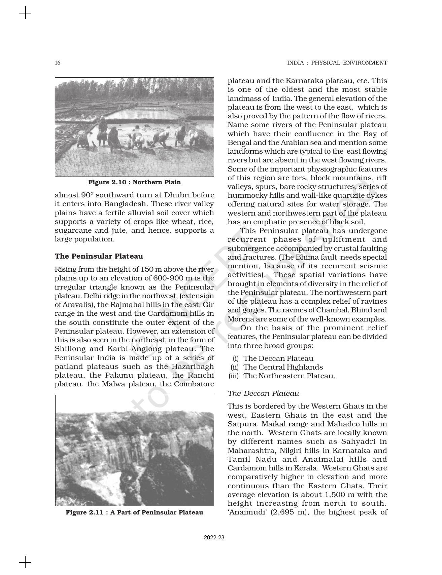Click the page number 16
click(58, 63)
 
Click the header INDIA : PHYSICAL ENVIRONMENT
click(337, 63)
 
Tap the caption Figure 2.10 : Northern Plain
click(134, 182)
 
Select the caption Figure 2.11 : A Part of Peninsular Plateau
click(134, 512)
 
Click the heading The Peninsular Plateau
click(99, 256)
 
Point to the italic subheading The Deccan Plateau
click(263, 393)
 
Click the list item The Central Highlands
click(283, 367)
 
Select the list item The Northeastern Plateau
click(289, 376)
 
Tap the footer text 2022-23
click(214, 537)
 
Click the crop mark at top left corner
click(25, 14)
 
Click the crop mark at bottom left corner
click(25, 562)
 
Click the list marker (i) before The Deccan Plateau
click(236, 358)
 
